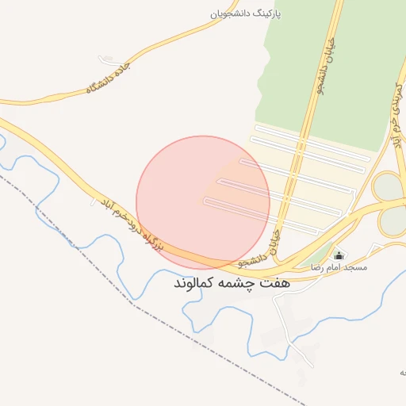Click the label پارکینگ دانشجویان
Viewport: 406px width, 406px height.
(247, 14)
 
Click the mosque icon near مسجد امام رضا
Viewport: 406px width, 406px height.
(339, 255)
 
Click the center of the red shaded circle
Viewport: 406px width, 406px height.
(203, 202)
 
